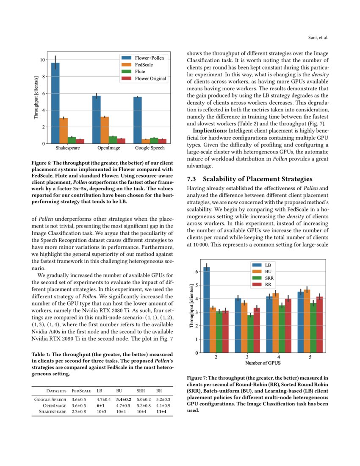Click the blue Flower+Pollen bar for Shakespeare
pyautogui.click(x=55, y=104)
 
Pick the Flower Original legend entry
pyautogui.click(x=150, y=78)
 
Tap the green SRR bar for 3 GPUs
pyautogui.click(x=251, y=333)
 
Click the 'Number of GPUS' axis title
pyautogui.click(x=263, y=363)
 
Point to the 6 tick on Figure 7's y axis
pyautogui.click(x=196, y=272)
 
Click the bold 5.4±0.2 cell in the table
pyautogui.click(x=123, y=399)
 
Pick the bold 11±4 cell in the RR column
pyautogui.click(x=161, y=411)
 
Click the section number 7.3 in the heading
pyautogui.click(x=193, y=179)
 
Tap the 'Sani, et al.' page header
pyautogui.click(x=317, y=38)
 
